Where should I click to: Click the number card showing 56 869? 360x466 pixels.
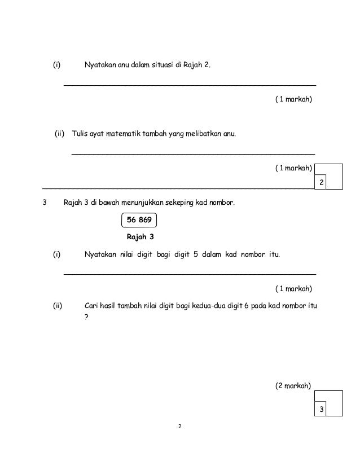(138, 221)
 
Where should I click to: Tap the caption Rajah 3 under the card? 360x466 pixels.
(138, 237)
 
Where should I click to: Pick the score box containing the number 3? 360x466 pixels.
(321, 409)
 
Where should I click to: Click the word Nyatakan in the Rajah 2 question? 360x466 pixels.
(99, 65)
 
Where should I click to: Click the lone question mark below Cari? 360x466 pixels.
(86, 316)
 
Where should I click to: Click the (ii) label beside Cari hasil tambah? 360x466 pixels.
(57, 306)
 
